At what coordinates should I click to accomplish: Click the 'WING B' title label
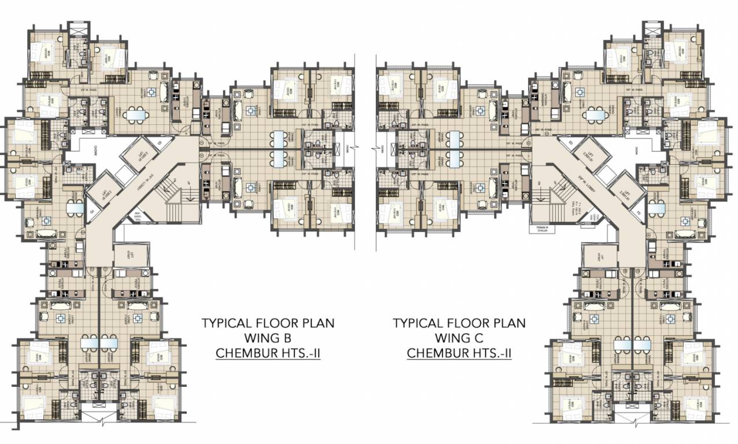point(268,338)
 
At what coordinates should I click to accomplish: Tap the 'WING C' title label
point(459,338)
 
